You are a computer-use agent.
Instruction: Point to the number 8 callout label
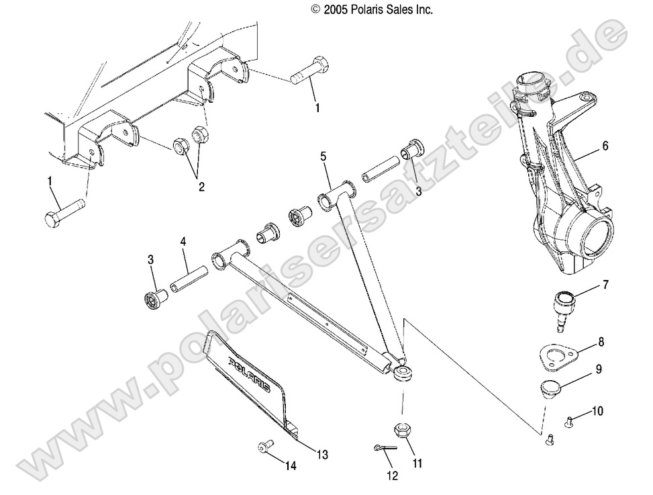coord(601,342)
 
